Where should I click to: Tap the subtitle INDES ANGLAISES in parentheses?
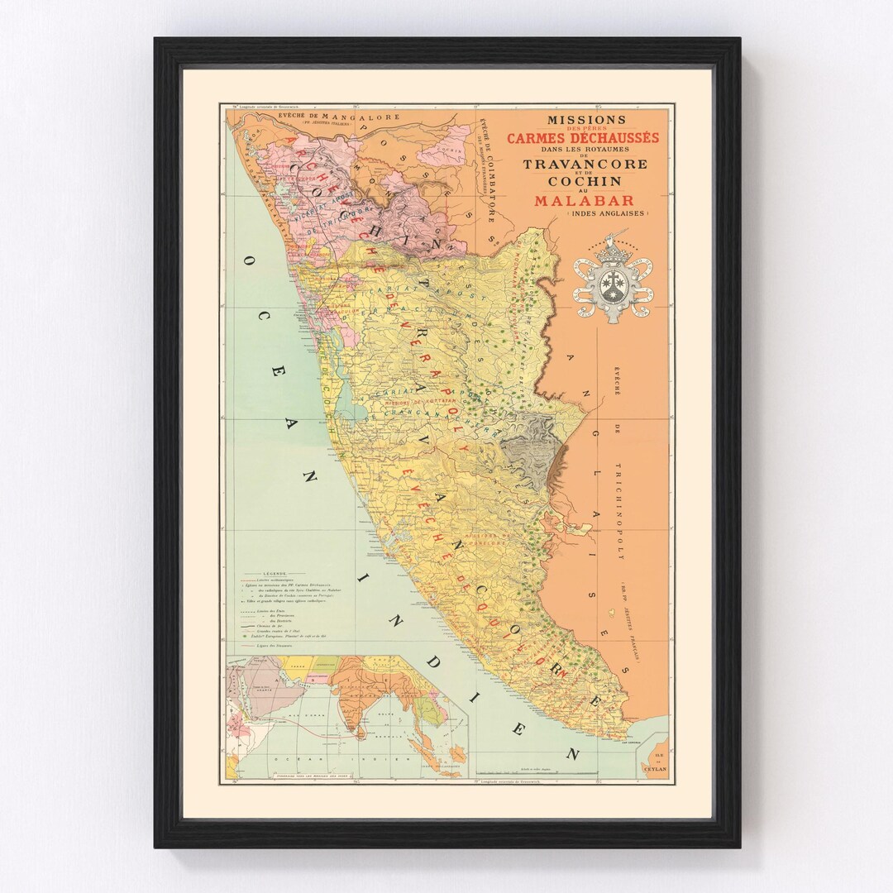pos(609,214)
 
